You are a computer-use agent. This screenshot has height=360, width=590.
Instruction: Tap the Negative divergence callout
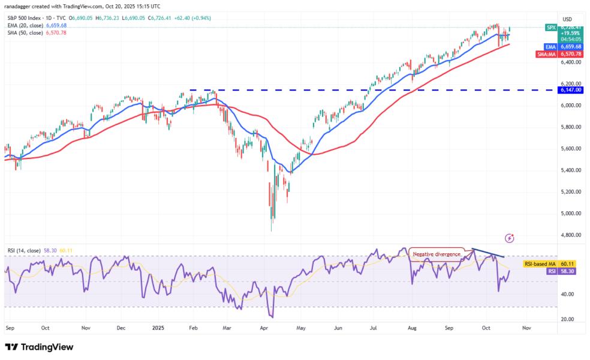(x=437, y=254)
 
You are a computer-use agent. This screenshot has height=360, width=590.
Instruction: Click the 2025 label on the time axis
(x=159, y=328)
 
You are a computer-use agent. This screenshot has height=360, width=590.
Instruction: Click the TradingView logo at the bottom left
(x=39, y=347)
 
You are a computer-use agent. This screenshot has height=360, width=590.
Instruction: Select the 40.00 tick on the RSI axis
(x=569, y=294)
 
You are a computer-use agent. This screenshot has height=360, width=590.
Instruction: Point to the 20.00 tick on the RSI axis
(x=569, y=319)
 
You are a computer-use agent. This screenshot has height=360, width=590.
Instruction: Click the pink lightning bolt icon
(x=509, y=238)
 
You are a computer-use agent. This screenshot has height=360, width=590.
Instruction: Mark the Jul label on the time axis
(x=374, y=328)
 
